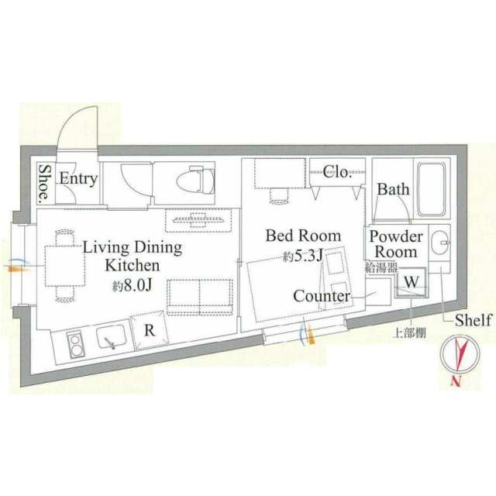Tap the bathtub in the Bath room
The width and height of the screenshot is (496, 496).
pyautogui.click(x=432, y=189)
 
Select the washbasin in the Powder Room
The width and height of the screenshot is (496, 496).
pyautogui.click(x=439, y=243)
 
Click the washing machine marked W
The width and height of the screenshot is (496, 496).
pyautogui.click(x=412, y=282)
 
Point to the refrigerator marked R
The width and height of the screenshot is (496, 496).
pyautogui.click(x=150, y=330)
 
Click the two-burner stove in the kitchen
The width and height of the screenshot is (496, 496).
pyautogui.click(x=75, y=344)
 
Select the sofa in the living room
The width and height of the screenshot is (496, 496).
pyautogui.click(x=200, y=297)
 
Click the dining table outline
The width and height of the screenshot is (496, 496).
pyautogui.click(x=65, y=266)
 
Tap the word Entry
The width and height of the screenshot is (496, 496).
pyautogui.click(x=78, y=179)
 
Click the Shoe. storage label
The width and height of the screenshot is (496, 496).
pyautogui.click(x=44, y=184)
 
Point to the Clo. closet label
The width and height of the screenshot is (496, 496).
pyautogui.click(x=338, y=172)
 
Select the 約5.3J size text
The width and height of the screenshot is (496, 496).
pyautogui.click(x=303, y=256)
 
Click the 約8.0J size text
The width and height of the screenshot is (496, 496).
pyautogui.click(x=133, y=285)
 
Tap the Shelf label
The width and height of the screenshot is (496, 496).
pyautogui.click(x=474, y=320)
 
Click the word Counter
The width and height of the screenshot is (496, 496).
pyautogui.click(x=322, y=296)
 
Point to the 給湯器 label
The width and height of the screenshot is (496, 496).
pyautogui.click(x=381, y=268)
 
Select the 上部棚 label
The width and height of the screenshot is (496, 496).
pyautogui.click(x=409, y=333)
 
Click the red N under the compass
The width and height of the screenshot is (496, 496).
pyautogui.click(x=456, y=381)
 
